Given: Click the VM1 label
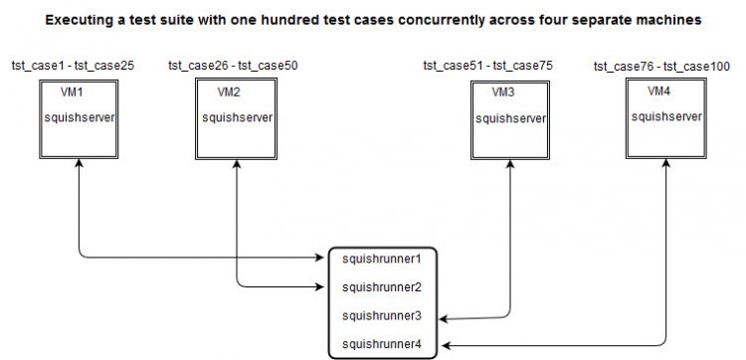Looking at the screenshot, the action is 72,92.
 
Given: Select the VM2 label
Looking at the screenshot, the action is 229,92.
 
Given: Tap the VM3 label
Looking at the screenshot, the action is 503,92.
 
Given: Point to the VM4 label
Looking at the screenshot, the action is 658,91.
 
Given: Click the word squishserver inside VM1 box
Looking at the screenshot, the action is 80,117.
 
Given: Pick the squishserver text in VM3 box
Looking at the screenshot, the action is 510,118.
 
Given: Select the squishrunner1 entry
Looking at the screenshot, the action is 382,260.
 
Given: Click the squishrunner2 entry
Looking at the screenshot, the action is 382,287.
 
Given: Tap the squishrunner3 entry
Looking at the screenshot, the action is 382,316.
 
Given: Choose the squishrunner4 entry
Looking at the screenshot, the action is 382,344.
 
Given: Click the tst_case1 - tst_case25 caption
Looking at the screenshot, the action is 73,66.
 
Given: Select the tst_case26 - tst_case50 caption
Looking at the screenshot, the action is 233,66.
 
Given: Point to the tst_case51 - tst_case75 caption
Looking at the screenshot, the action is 488,66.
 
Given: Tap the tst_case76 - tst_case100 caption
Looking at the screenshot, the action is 661,67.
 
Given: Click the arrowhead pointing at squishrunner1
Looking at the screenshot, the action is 320,258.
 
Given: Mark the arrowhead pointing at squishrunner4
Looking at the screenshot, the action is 444,345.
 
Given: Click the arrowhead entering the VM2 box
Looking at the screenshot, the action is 237,164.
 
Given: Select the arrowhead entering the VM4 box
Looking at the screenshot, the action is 666,164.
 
